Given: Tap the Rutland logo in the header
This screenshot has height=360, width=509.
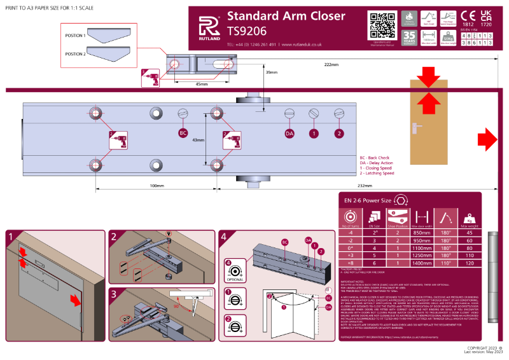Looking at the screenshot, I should pos(207,27).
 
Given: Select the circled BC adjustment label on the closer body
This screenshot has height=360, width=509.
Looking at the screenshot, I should pos(183,134).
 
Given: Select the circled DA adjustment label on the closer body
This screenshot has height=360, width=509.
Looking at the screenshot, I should pos(289,134).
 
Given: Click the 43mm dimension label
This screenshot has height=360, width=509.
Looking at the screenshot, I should pos(198,140).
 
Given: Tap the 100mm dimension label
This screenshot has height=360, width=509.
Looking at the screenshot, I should pos(157,186).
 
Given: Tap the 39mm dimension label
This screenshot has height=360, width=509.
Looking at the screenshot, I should pos(272,73).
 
